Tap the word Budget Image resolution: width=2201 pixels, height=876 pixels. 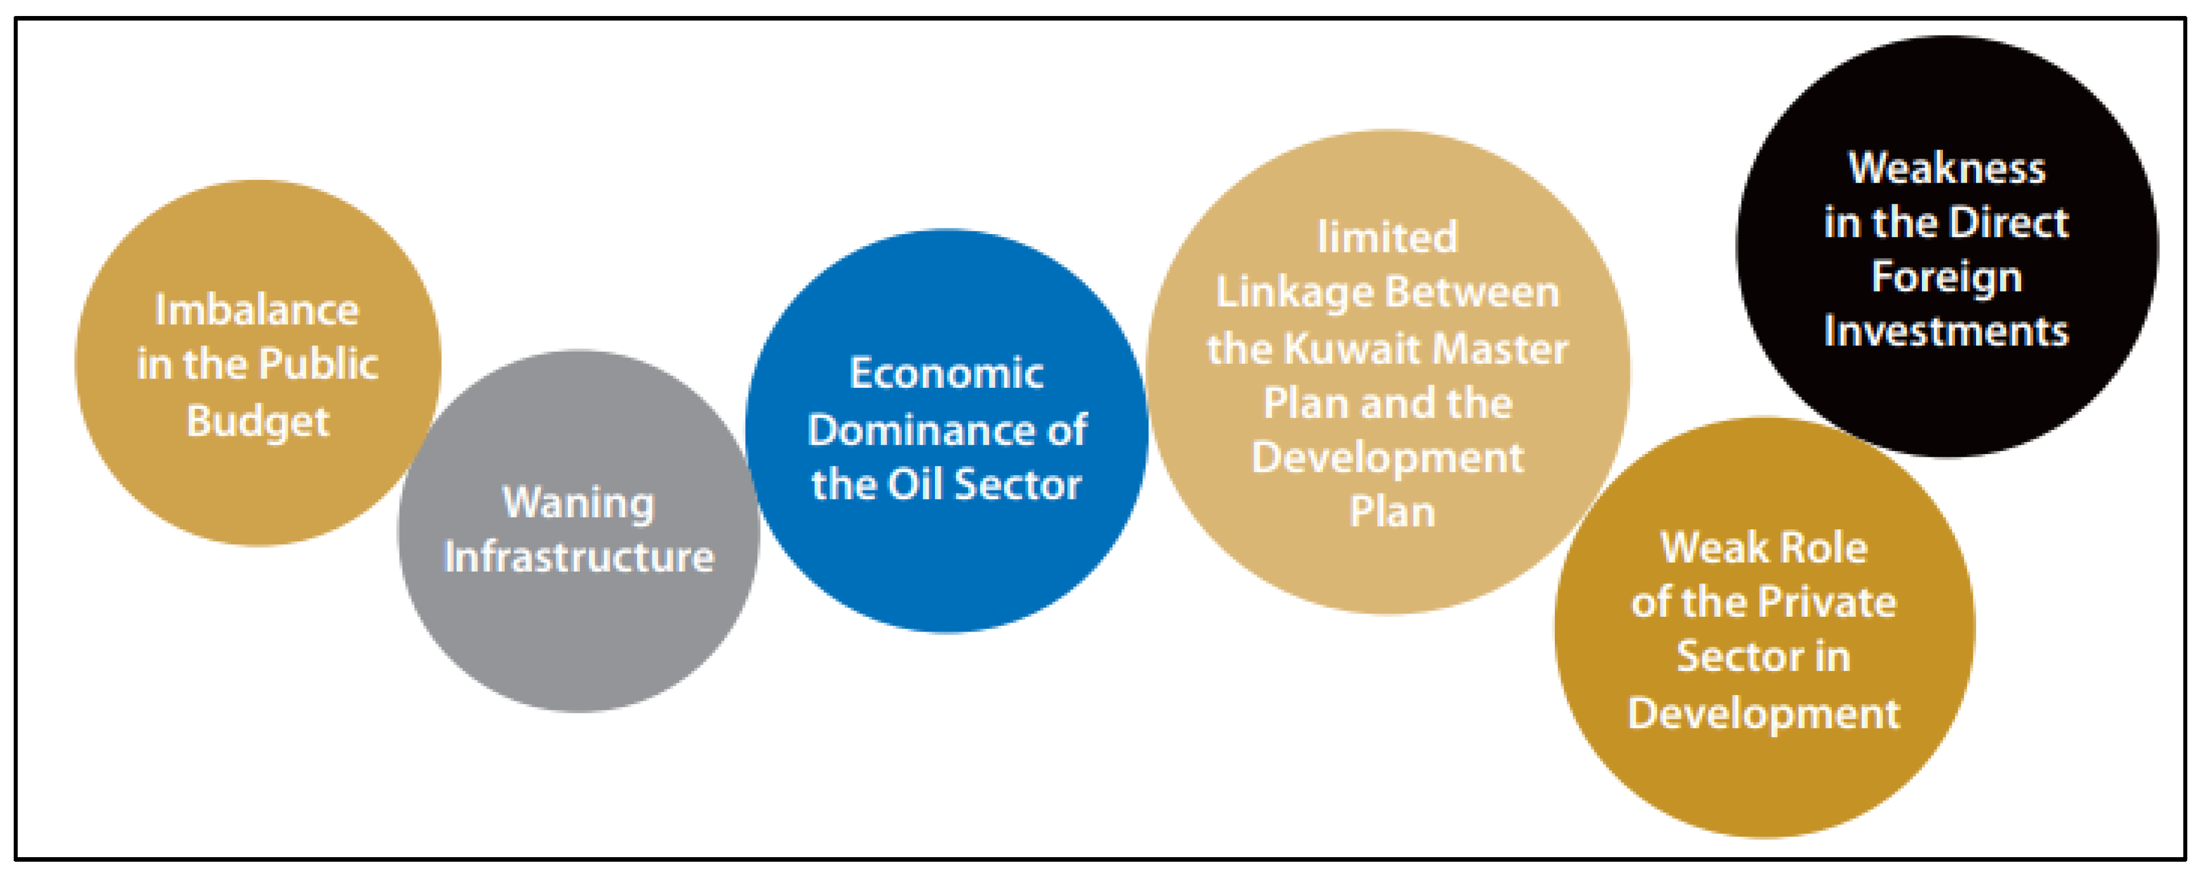(x=258, y=421)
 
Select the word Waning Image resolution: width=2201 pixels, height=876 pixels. (x=578, y=503)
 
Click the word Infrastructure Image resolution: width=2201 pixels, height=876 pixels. (x=578, y=557)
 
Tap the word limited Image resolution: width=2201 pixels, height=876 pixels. (x=1386, y=237)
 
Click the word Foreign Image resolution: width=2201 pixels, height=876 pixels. (x=1946, y=277)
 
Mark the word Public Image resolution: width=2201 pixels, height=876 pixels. (x=318, y=364)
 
